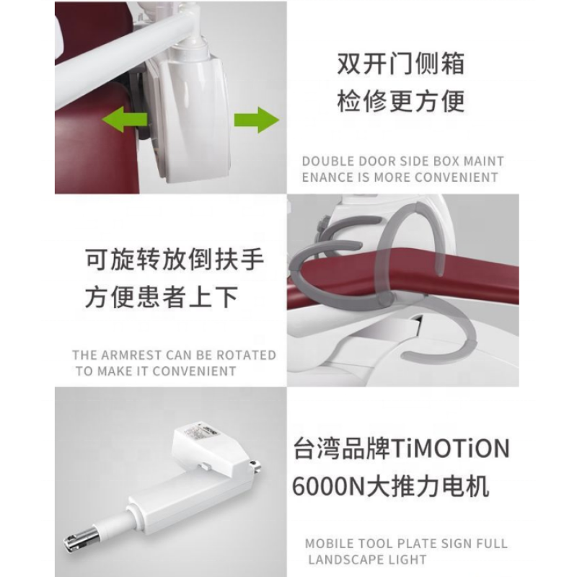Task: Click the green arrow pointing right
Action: click(x=256, y=118)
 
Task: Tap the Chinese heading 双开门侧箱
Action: click(x=400, y=64)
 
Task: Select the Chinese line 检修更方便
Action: click(x=400, y=101)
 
